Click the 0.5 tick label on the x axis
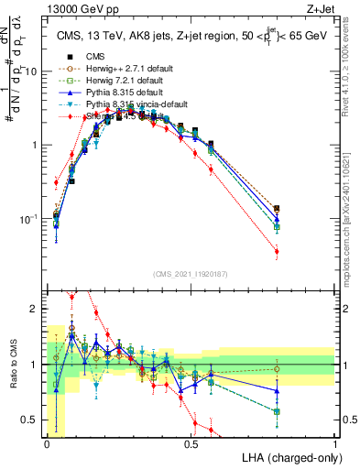click(191, 443)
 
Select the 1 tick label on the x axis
click(335, 443)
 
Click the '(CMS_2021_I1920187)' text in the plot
click(191, 274)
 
